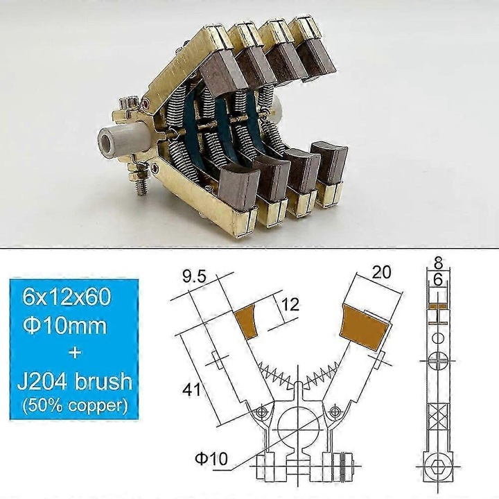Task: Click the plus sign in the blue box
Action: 74,352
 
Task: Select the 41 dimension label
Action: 191,390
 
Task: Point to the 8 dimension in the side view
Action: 437,263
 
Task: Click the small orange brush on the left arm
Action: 248,318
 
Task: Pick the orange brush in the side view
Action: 437,306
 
